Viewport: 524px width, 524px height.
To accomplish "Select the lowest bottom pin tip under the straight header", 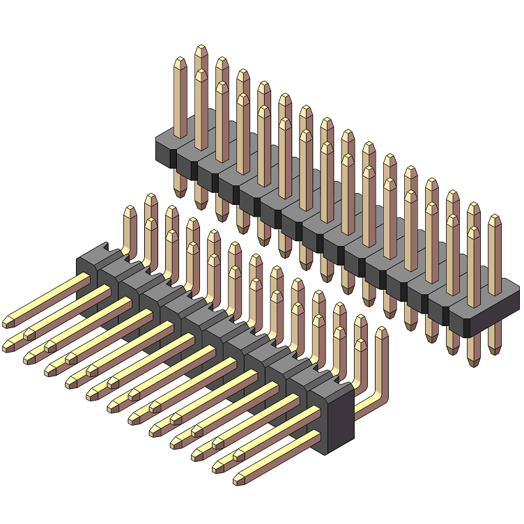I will [474, 362].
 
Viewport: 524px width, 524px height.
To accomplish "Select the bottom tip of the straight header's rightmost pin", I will [495, 349].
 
